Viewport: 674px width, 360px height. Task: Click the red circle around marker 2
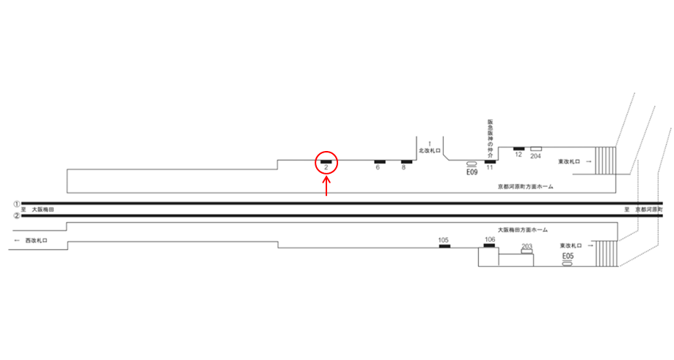(326, 164)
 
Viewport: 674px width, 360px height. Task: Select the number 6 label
(378, 168)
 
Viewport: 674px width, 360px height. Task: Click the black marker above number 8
(406, 161)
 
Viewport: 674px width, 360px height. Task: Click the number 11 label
(490, 168)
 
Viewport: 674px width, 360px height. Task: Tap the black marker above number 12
(519, 149)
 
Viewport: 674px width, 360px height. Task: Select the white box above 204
(536, 149)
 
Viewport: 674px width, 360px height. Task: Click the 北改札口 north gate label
(428, 150)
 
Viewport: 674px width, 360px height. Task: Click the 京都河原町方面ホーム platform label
(524, 187)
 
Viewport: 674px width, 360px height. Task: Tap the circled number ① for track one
(16, 202)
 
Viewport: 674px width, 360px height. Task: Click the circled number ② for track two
(16, 216)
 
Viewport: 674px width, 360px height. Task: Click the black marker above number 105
(444, 246)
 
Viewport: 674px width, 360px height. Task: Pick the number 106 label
(490, 240)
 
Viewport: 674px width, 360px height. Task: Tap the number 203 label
(526, 246)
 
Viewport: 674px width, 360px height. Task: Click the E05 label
(567, 255)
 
